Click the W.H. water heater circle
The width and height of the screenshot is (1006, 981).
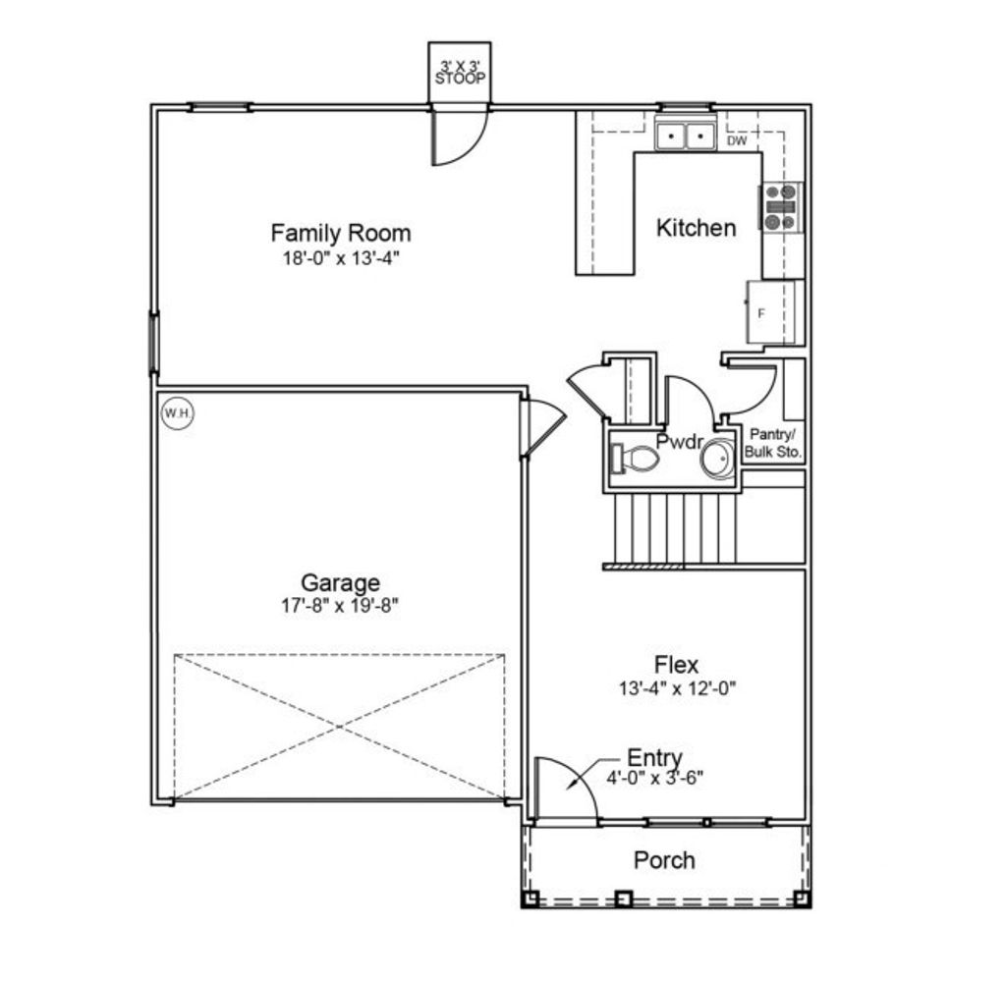click(x=177, y=413)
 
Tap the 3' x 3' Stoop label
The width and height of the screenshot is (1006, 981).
click(x=460, y=73)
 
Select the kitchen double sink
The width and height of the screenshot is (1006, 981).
click(x=685, y=135)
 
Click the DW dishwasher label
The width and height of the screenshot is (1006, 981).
click(x=737, y=141)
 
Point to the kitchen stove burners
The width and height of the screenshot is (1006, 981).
click(x=782, y=207)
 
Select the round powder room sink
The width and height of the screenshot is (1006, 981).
click(x=717, y=459)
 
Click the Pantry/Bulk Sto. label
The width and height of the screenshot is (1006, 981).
click(x=774, y=443)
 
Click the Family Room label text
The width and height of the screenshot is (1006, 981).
click(x=340, y=233)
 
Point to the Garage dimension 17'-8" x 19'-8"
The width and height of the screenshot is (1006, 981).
click(x=340, y=606)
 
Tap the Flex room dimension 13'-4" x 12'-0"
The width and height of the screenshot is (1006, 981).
click(x=677, y=688)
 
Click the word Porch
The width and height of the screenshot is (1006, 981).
click(x=664, y=860)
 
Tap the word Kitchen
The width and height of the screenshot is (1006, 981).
click(x=696, y=228)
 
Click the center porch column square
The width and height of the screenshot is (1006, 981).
click(x=622, y=898)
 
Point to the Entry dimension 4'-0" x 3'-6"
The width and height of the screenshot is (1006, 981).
click(x=654, y=777)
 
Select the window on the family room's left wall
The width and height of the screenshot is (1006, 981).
click(x=153, y=342)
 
